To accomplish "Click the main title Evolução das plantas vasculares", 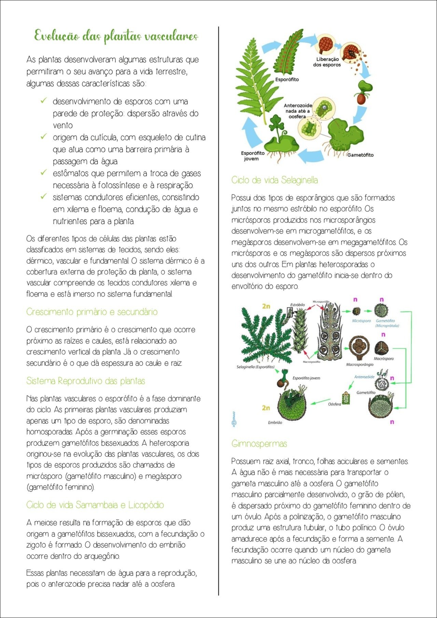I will click(x=116, y=36).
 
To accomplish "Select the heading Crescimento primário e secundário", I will click(x=92, y=312).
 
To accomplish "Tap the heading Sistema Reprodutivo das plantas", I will click(x=86, y=381).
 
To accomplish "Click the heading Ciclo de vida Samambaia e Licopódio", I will click(x=95, y=505).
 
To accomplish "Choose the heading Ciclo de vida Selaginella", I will click(x=274, y=180).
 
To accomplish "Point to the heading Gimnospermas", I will click(x=259, y=444).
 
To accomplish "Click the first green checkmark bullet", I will click(x=44, y=101).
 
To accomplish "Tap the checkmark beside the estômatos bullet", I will click(x=44, y=173).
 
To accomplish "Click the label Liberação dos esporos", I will click(x=327, y=62).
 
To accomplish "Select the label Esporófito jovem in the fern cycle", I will click(x=253, y=156).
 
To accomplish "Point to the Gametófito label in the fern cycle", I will click(x=360, y=155).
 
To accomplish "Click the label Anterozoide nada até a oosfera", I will click(x=298, y=111).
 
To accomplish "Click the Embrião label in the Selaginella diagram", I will click(x=275, y=422).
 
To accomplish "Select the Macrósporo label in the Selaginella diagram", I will click(x=383, y=359).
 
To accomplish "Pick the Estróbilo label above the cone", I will click(x=297, y=305).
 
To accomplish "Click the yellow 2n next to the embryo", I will click(x=266, y=408).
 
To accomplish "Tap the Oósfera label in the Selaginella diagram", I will click(x=334, y=404).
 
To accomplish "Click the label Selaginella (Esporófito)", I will click(x=255, y=367).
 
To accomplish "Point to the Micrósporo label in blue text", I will click(x=361, y=321).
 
